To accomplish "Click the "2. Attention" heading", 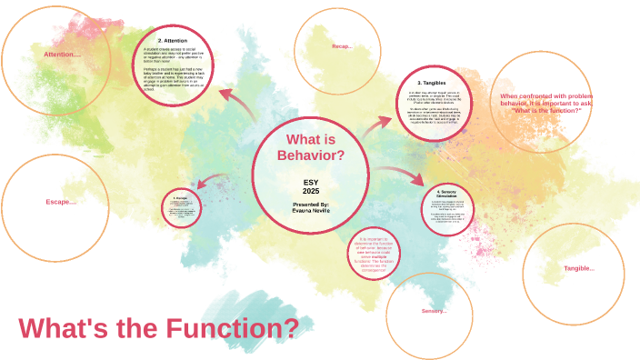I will click(x=173, y=41).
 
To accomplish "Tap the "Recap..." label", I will click(x=342, y=45).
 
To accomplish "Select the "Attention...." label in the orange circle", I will click(x=63, y=55).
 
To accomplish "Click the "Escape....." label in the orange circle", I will click(x=61, y=201).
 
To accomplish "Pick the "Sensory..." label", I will click(x=434, y=311).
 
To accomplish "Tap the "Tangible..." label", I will click(x=579, y=268).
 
